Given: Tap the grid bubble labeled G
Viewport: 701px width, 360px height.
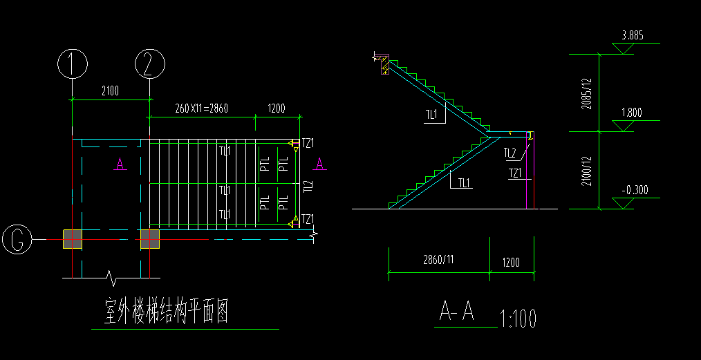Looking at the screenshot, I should [x=17, y=239].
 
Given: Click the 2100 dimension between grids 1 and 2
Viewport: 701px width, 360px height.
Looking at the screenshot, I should [x=111, y=91].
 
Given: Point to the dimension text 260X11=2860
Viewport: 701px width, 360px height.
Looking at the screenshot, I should [x=202, y=108].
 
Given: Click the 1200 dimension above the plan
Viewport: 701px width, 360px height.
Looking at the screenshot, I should [x=277, y=108].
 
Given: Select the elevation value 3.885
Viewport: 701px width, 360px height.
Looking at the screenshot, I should [x=633, y=35].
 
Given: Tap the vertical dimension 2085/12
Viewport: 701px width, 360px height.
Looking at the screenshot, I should [x=587, y=91].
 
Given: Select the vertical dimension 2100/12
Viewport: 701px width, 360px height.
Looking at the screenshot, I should [x=587, y=169].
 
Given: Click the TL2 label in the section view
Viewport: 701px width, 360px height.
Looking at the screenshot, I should [x=510, y=153].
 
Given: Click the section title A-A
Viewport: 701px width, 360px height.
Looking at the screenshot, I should [x=457, y=313].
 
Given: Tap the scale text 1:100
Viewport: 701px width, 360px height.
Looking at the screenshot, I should [x=517, y=319].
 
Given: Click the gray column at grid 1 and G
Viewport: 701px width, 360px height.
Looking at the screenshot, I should [x=73, y=239].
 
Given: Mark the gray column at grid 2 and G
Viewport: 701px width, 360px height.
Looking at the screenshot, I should [x=149, y=239].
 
